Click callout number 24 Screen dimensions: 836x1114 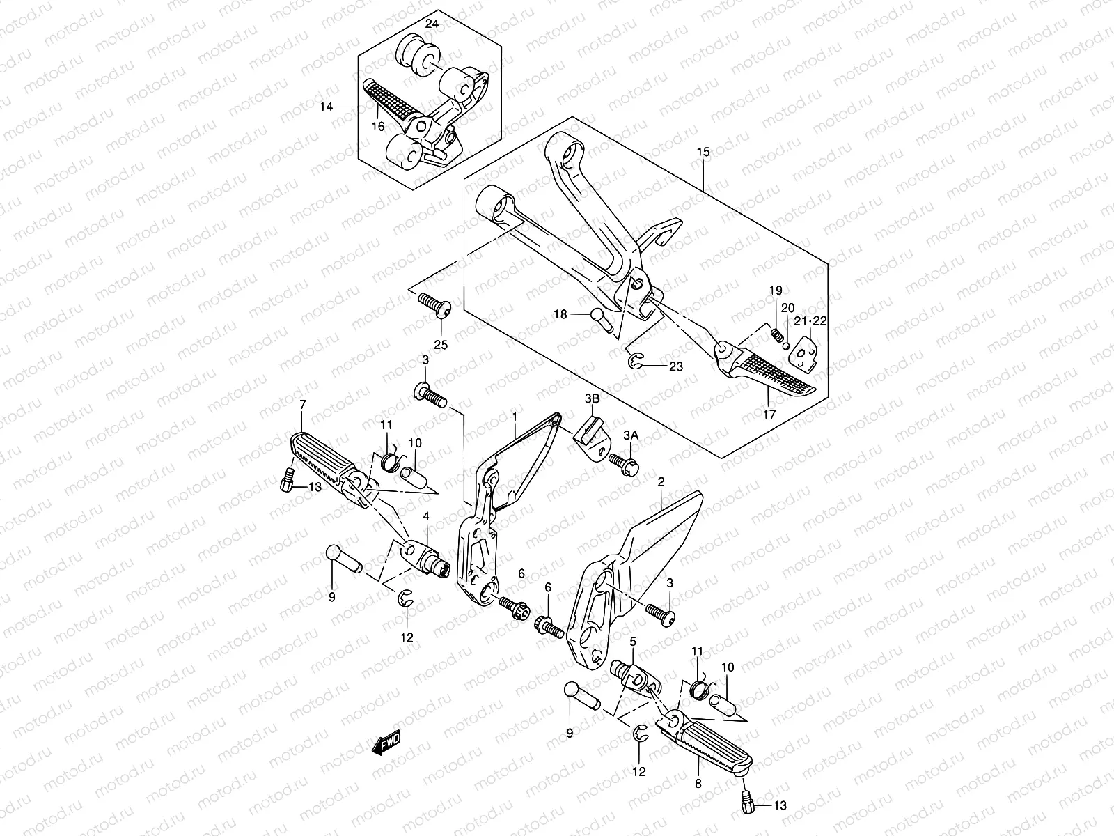point(432,24)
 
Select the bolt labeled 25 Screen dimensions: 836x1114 point(435,307)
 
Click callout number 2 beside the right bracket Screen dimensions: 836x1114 point(661,481)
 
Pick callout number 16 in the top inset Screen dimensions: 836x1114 point(378,126)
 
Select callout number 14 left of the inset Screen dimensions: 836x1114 point(327,107)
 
